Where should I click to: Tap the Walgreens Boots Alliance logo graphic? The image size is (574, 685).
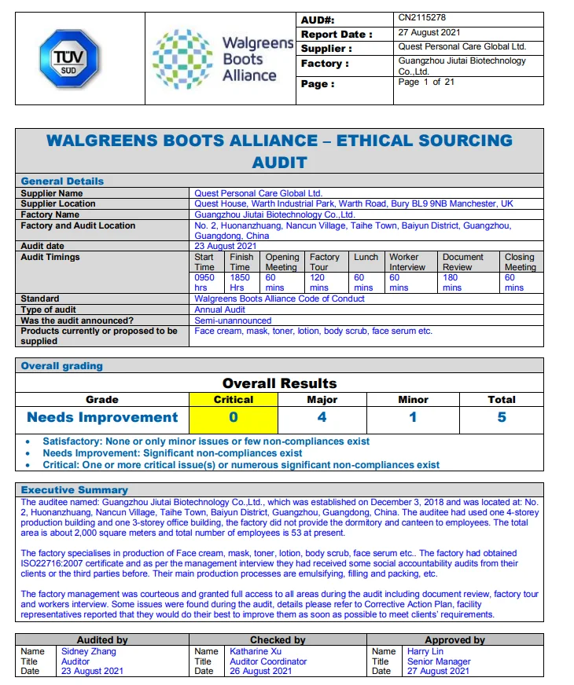[x=183, y=57]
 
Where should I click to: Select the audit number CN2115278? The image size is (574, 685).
[x=422, y=17]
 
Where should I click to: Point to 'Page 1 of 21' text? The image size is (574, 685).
[x=426, y=82]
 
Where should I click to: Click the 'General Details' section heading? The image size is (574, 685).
[x=62, y=181]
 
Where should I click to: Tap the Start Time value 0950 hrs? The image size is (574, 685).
[x=204, y=283]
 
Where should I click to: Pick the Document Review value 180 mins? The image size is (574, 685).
[x=452, y=283]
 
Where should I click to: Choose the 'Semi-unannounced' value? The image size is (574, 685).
[x=233, y=321]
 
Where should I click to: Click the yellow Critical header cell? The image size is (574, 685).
[x=234, y=399]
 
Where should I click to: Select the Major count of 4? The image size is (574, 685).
[x=322, y=417]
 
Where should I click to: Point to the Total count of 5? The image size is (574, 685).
[x=501, y=417]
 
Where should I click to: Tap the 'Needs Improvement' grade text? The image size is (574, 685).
[x=103, y=417]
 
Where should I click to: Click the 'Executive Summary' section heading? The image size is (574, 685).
[x=74, y=489]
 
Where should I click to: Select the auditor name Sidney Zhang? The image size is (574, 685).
[x=88, y=651]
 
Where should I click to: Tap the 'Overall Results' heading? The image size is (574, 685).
[x=279, y=383]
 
